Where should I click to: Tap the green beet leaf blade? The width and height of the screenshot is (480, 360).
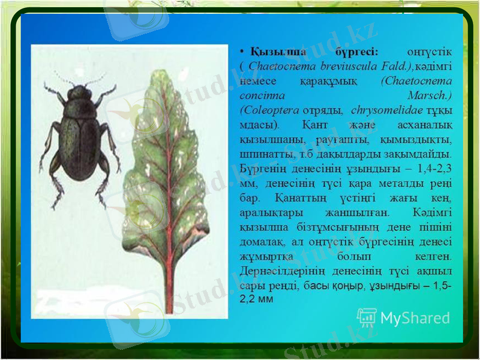click(x=165, y=180)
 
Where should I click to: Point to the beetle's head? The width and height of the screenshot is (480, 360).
click(x=79, y=94)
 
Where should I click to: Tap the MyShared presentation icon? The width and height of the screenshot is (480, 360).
click(x=367, y=317)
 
